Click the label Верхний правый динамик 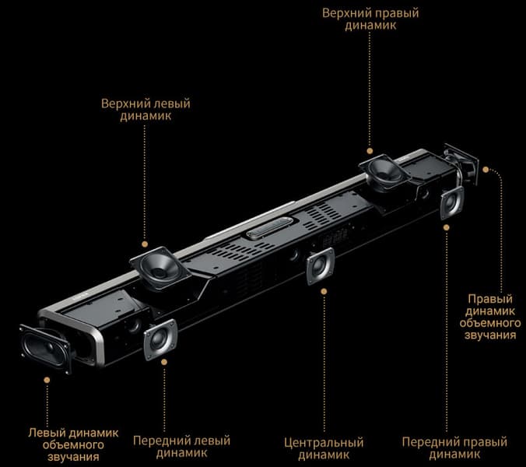pos(370,19)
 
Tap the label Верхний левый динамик pos(146,110)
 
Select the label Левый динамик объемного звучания pos(73,445)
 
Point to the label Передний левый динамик pos(181,447)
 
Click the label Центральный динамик pos(324,449)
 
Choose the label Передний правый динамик pos(454,448)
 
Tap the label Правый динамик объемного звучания pos(490,317)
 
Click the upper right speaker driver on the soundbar pos(384,172)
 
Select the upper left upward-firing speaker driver pos(160,268)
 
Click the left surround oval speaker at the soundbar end pos(45,349)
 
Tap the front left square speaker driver pos(160,339)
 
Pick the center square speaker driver pos(320,266)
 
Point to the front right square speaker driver pos(451,202)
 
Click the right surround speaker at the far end pos(461,164)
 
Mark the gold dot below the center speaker pos(324,292)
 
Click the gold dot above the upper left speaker pos(145,244)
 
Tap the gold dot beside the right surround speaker pos(486,170)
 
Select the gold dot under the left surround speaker pos(47,380)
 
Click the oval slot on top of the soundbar pos(270,227)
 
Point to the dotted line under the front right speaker pos(446,331)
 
